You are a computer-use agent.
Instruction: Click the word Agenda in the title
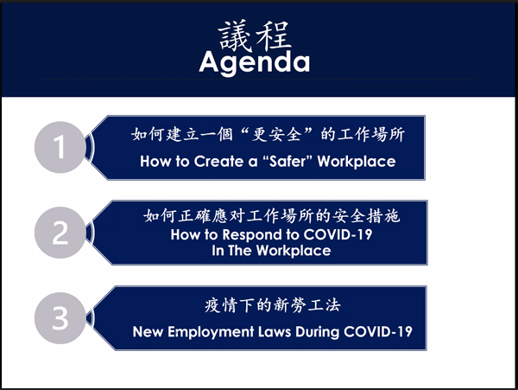pyautogui.click(x=255, y=63)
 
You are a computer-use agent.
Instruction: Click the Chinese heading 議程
pyautogui.click(x=255, y=35)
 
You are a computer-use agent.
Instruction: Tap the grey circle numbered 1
pyautogui.click(x=60, y=147)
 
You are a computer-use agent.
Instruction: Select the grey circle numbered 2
pyautogui.click(x=60, y=233)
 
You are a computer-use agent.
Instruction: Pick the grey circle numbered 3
pyautogui.click(x=60, y=318)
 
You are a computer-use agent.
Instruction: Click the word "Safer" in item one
pyautogui.click(x=287, y=162)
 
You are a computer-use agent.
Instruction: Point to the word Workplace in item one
pyautogui.click(x=357, y=162)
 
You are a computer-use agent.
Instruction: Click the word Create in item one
pyautogui.click(x=218, y=162)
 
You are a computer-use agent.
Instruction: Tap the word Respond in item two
pyautogui.click(x=252, y=235)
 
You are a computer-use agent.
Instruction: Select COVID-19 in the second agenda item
pyautogui.click(x=338, y=234)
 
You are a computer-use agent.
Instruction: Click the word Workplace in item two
pyautogui.click(x=294, y=251)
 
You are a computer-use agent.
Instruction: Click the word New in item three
pyautogui.click(x=148, y=331)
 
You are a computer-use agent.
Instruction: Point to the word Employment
pyautogui.click(x=211, y=332)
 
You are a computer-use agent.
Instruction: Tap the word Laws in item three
pyautogui.click(x=275, y=331)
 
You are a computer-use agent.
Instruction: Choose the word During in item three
pyautogui.click(x=317, y=332)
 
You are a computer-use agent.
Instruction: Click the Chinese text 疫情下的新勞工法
pyautogui.click(x=272, y=305)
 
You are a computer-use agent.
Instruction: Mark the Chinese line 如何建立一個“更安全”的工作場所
pyautogui.click(x=268, y=134)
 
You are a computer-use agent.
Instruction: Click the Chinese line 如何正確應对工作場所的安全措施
pyautogui.click(x=272, y=216)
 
